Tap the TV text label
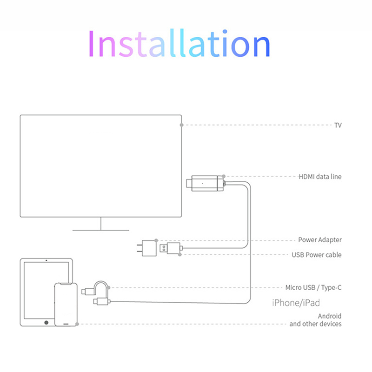coord(338,125)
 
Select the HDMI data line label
coord(320,177)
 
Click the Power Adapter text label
coord(320,240)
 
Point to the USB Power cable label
coord(317,255)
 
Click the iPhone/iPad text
coord(296,303)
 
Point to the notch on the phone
coord(66,284)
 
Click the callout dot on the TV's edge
coord(182,125)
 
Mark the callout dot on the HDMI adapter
coord(224,176)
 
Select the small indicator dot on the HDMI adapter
coord(202,182)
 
